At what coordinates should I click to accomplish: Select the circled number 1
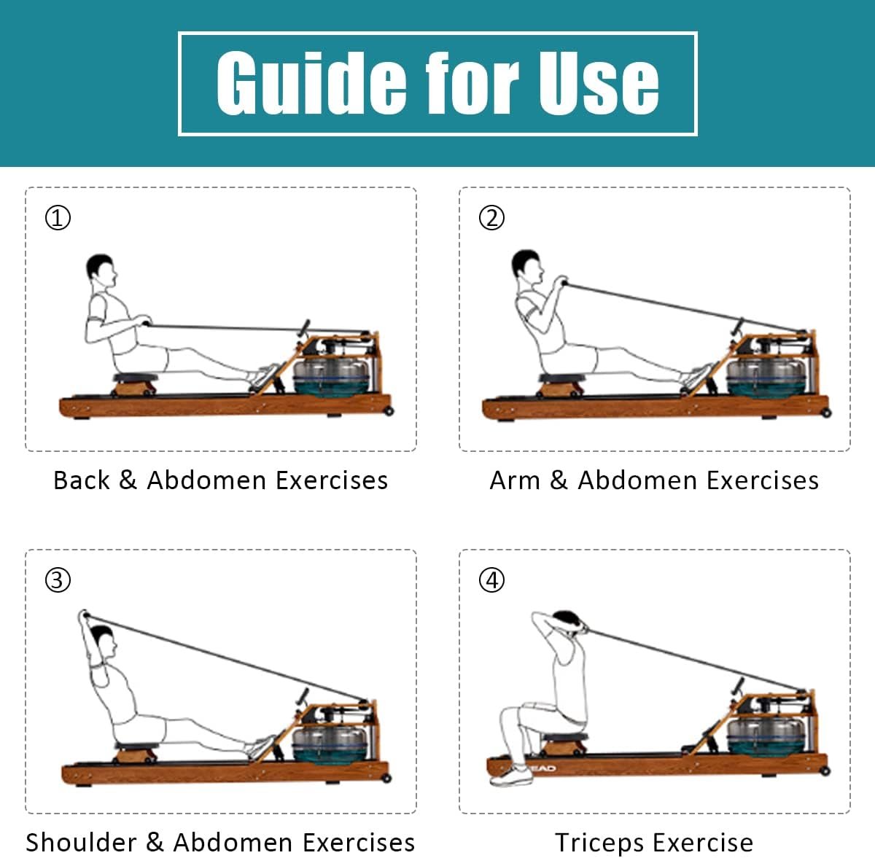point(58,217)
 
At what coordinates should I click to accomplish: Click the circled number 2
point(491,217)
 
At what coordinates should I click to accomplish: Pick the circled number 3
point(58,580)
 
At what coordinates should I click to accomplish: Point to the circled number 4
point(491,580)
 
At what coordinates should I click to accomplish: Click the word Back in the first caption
point(82,480)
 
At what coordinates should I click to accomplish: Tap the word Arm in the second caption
point(515,480)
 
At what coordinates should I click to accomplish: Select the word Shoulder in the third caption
point(81,842)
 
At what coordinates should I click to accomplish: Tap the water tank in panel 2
point(767,376)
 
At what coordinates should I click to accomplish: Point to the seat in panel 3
point(136,746)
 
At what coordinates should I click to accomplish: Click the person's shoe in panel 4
point(511,776)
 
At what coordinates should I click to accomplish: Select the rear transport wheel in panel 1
point(389,411)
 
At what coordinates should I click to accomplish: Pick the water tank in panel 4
point(767,738)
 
